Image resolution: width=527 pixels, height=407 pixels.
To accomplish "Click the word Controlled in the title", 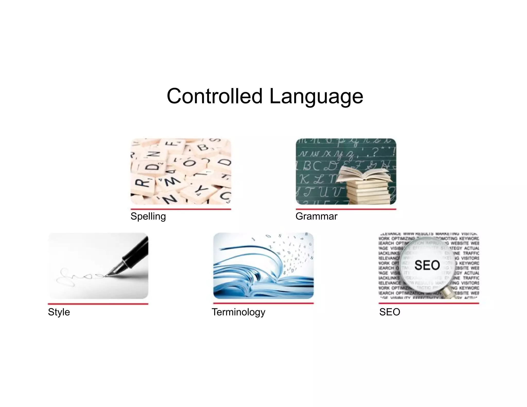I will click(x=214, y=96).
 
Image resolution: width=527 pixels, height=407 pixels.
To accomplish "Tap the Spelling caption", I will click(x=148, y=216).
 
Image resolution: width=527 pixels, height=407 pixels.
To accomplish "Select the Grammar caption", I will click(x=316, y=216).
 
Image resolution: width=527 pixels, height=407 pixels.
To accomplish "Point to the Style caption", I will click(x=59, y=312).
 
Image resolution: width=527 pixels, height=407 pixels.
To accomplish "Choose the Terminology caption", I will click(x=238, y=312).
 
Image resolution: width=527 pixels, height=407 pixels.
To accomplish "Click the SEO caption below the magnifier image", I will click(x=390, y=312).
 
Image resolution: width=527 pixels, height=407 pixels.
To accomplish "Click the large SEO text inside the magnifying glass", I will click(x=427, y=265).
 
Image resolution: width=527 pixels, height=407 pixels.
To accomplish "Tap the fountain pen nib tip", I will click(x=106, y=276).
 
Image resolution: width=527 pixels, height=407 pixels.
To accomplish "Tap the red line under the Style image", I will click(x=98, y=304).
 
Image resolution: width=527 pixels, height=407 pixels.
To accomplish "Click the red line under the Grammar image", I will click(x=346, y=209).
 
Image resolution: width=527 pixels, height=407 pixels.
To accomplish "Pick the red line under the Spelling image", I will click(x=181, y=209).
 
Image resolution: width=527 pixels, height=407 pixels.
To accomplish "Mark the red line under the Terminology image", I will click(x=263, y=303).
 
